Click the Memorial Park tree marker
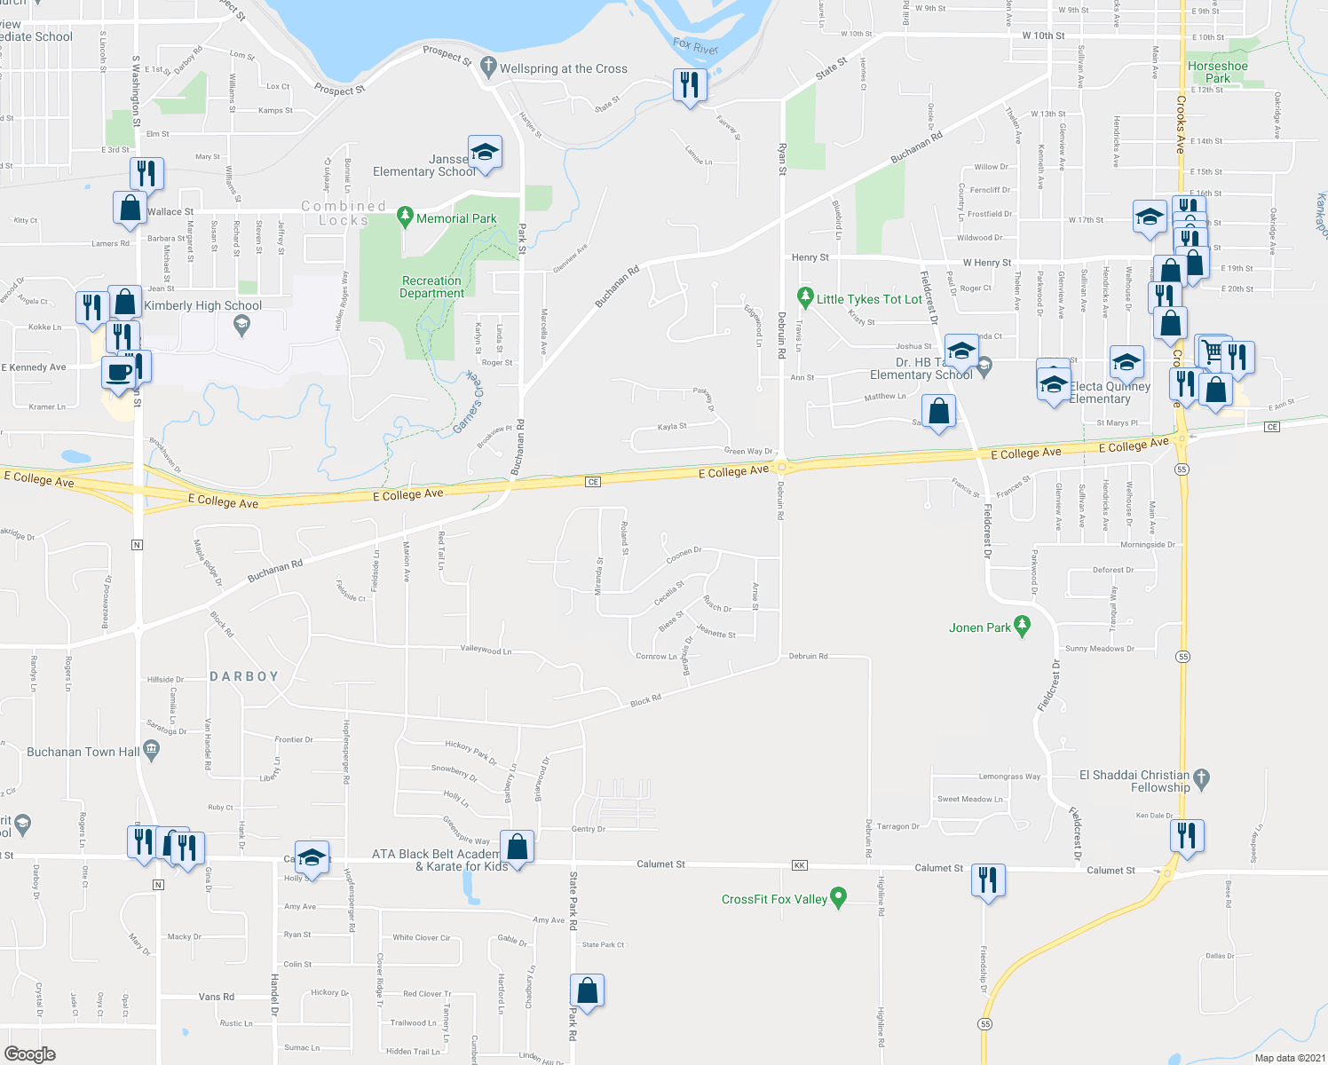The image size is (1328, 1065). (x=406, y=216)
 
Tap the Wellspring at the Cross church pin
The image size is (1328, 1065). (x=487, y=66)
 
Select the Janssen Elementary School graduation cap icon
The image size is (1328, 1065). (x=485, y=153)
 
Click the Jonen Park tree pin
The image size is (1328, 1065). (x=1022, y=627)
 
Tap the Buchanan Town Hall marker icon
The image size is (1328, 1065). (x=151, y=751)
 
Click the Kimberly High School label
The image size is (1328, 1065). (x=202, y=305)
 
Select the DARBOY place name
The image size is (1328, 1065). (x=244, y=676)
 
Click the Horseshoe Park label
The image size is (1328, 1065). (x=1217, y=72)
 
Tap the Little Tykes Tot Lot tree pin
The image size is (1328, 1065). (x=805, y=296)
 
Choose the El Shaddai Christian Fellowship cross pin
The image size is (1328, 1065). (x=1201, y=778)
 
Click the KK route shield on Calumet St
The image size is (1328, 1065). (x=800, y=865)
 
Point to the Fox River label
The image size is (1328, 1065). (x=695, y=46)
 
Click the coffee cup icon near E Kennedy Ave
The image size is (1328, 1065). (x=118, y=372)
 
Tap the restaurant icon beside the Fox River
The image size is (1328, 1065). (x=690, y=85)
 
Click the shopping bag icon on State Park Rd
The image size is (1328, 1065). (x=587, y=990)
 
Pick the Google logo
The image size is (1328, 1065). (x=30, y=1053)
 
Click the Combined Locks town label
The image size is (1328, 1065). (x=344, y=213)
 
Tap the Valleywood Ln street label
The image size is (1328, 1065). (x=486, y=650)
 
